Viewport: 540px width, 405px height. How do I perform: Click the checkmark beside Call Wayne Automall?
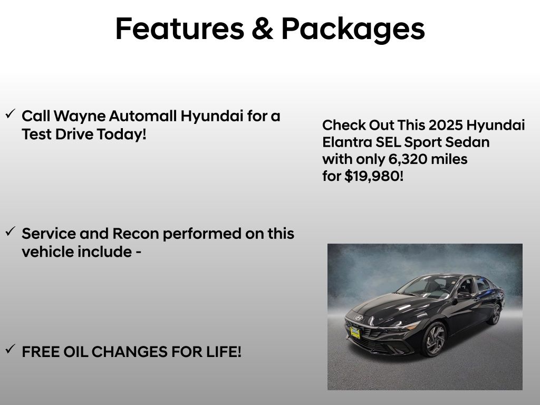[x=10, y=114]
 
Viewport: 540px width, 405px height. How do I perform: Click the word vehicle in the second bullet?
[x=47, y=252]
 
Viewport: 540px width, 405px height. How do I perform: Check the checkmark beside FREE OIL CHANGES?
[x=10, y=349]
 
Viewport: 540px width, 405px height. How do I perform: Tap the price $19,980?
[x=374, y=176]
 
